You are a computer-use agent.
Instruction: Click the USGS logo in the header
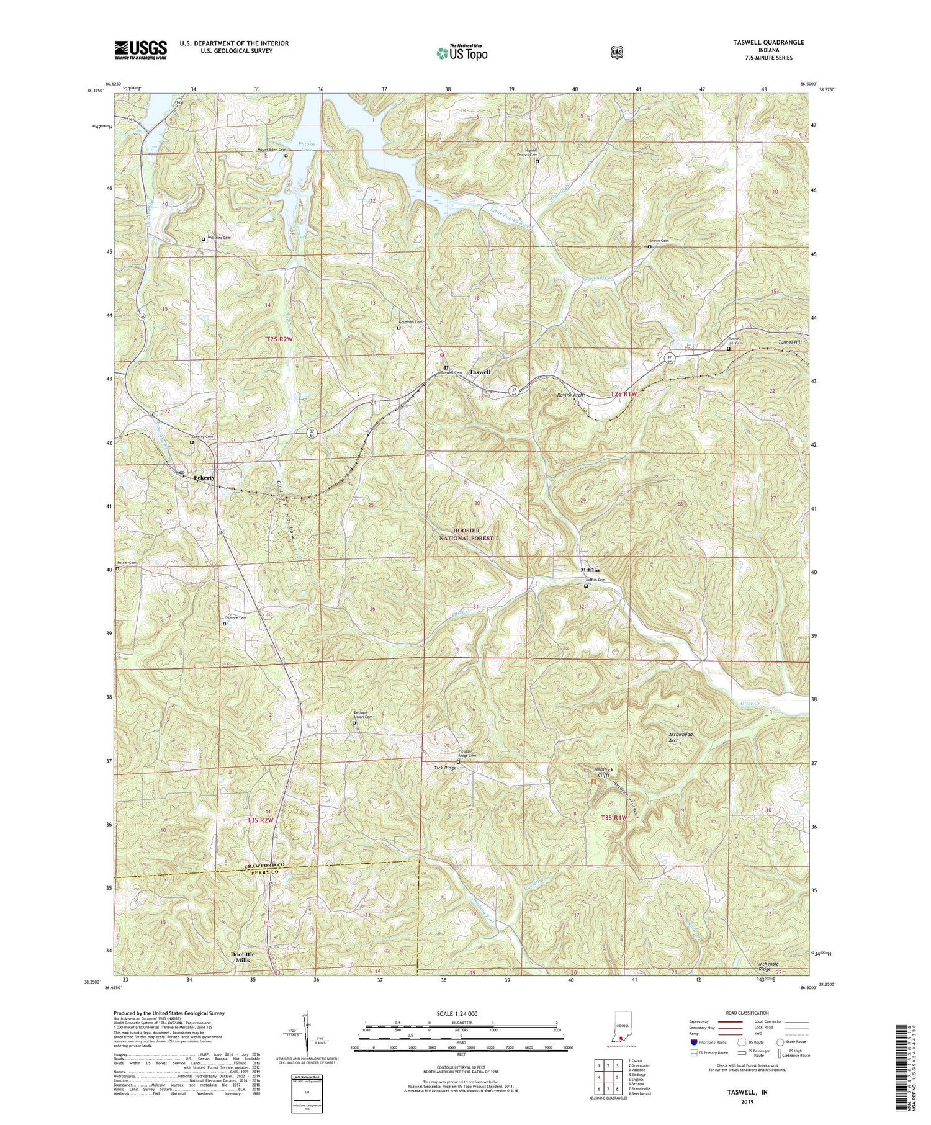point(140,50)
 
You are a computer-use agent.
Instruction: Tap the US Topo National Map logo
point(462,52)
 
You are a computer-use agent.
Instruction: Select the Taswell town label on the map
point(480,372)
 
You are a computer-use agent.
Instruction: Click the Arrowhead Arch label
point(681,737)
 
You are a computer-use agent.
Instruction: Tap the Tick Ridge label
point(445,768)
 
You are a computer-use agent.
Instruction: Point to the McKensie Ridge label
point(768,966)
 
